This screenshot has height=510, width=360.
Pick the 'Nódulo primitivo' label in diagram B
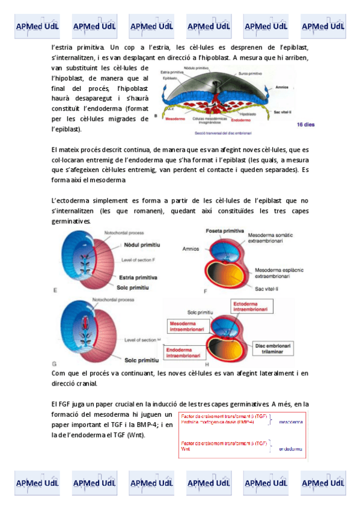[197, 67]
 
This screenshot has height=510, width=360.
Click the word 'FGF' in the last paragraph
[67, 404]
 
